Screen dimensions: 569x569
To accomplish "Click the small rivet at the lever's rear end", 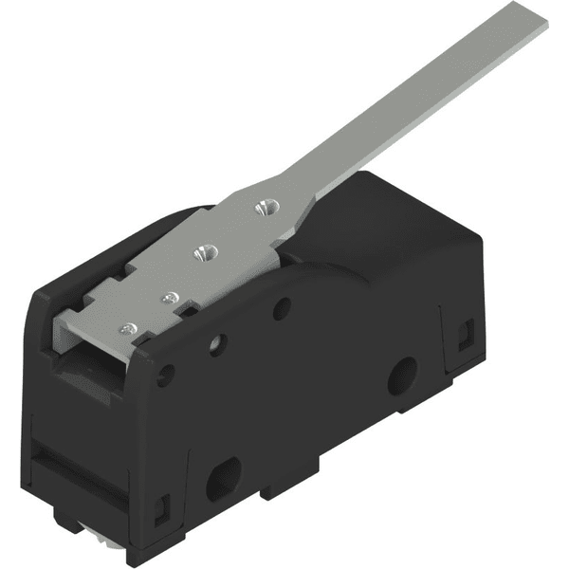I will (130, 328).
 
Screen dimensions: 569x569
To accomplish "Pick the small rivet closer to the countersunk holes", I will (170, 298).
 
